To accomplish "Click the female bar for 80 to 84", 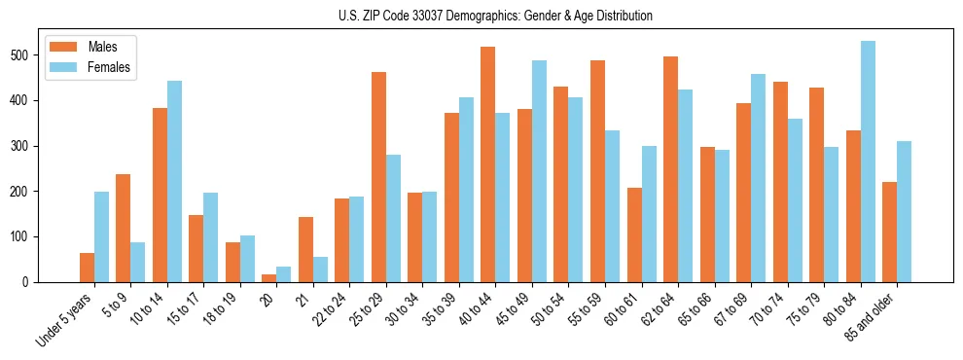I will click(x=868, y=162).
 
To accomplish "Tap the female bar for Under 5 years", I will click(x=101, y=237).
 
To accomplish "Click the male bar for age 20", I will click(x=269, y=278).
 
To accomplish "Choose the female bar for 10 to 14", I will click(x=174, y=182).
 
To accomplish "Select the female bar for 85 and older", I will click(x=904, y=212).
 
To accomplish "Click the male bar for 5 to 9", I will click(x=124, y=229).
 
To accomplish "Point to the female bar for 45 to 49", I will click(x=539, y=171).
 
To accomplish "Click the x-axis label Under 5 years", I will click(x=66, y=321).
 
